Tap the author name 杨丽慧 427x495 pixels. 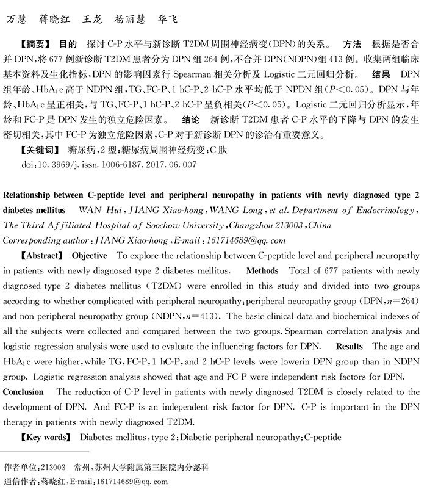pos(131,19)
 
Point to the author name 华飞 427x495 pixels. pos(167,19)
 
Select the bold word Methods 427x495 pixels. pos(262,270)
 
